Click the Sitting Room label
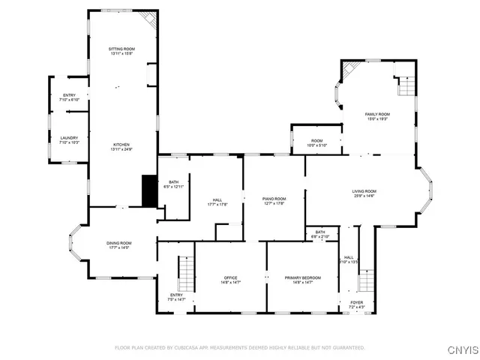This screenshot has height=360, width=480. tap(121, 49)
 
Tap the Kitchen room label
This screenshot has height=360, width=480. tap(121, 144)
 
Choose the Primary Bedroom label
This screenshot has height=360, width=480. tap(303, 277)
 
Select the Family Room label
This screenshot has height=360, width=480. tap(377, 114)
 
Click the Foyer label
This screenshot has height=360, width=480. tap(356, 302)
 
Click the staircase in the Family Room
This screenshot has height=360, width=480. tap(405, 85)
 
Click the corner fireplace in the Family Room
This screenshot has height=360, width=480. tap(350, 71)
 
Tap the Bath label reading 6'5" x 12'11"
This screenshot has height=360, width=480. tap(174, 181)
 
